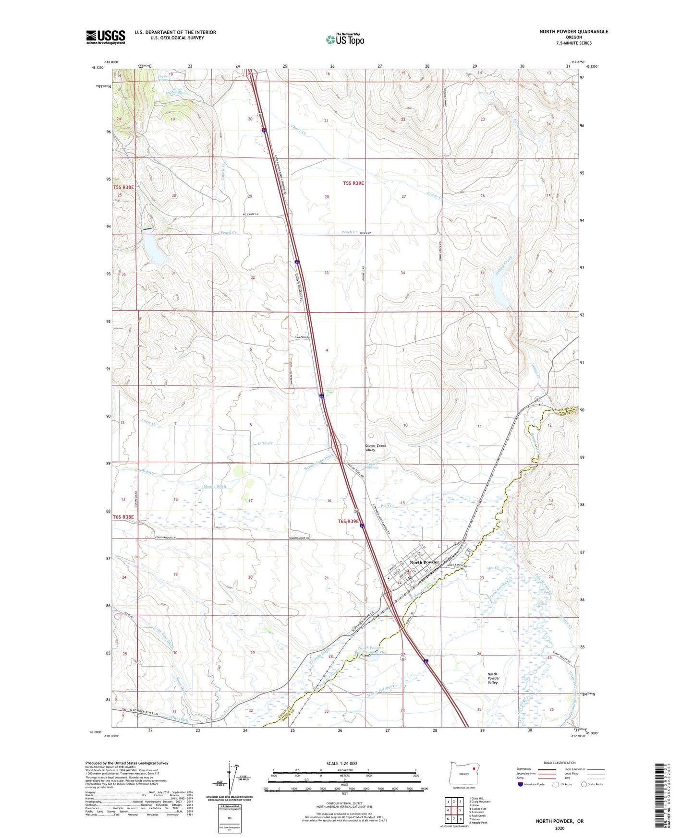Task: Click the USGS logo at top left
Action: pos(106,36)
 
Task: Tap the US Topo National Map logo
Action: pos(345,39)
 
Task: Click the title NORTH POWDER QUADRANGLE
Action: pos(573,32)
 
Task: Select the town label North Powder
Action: pos(425,562)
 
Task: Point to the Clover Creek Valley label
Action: pos(376,448)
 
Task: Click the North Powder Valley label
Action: pos(493,678)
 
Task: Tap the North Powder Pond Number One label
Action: pos(370,650)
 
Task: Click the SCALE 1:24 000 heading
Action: pos(341,764)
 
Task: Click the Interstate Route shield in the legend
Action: pos(521,785)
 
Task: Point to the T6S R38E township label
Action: pos(123,517)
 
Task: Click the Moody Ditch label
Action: pos(214,486)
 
